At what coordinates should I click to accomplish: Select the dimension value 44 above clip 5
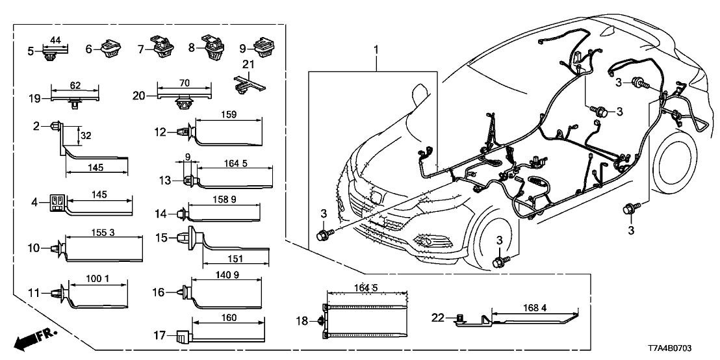click(x=55, y=41)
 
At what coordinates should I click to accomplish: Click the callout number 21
click(x=246, y=65)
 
